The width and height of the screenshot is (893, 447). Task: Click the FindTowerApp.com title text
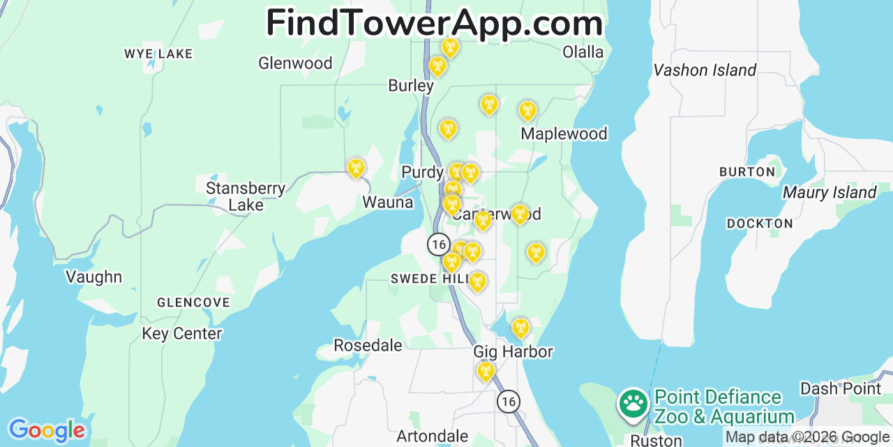(x=434, y=23)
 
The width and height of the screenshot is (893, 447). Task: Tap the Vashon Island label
(x=705, y=70)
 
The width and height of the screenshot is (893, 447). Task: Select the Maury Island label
(x=830, y=192)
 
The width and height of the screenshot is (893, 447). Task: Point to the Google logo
(x=46, y=430)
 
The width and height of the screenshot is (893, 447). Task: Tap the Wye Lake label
(x=158, y=54)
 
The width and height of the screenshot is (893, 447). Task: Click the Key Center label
(x=181, y=333)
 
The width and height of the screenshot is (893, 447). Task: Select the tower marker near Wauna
(x=356, y=168)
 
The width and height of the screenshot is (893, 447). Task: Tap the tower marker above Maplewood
(x=527, y=111)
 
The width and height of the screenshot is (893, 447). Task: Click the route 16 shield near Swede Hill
(x=438, y=244)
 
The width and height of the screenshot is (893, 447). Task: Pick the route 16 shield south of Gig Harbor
(x=509, y=401)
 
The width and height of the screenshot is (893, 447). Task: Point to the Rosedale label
(x=368, y=345)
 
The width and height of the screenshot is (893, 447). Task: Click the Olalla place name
(x=583, y=52)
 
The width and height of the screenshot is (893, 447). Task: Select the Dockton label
(x=760, y=223)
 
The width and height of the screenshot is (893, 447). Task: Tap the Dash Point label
(x=841, y=388)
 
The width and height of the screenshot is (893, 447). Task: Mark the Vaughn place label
(x=93, y=277)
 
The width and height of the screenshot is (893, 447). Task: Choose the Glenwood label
(x=295, y=63)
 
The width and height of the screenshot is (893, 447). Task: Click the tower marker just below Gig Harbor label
(x=486, y=371)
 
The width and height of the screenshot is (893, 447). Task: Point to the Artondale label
(x=433, y=437)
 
